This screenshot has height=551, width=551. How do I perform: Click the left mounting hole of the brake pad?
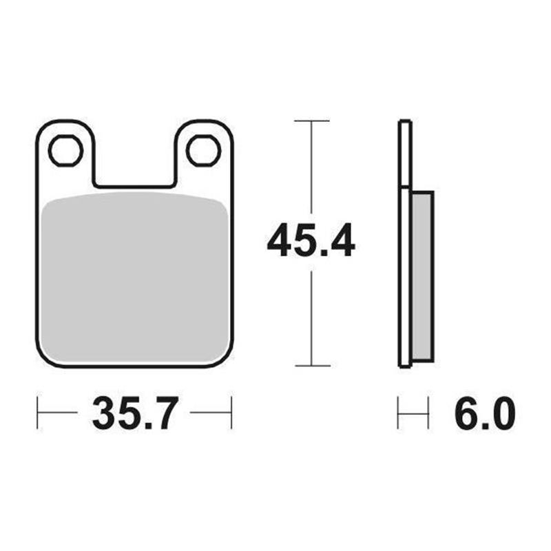click(x=66, y=151)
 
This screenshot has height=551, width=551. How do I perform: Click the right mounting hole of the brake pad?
click(x=203, y=151)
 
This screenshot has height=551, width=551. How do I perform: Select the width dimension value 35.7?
click(x=135, y=414)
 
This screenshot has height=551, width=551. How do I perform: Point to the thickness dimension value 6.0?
click(x=484, y=414)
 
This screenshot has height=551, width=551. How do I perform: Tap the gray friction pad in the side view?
click(x=422, y=275)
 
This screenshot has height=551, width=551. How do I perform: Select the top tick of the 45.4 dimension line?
click(x=311, y=121)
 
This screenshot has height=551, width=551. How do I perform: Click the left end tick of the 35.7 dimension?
click(x=37, y=413)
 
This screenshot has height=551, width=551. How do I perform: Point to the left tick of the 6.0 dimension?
click(x=399, y=413)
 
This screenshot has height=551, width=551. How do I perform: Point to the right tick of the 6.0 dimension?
click(x=428, y=413)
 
